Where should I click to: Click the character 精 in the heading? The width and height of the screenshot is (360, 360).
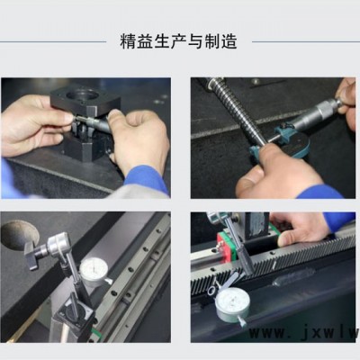click(129, 41)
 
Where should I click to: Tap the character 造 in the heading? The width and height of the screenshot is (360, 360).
click(229, 41)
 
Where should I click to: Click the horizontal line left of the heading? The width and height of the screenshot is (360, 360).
click(53, 41)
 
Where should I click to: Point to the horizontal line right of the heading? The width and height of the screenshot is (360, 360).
click(306, 41)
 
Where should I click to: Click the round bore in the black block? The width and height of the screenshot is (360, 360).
click(83, 95)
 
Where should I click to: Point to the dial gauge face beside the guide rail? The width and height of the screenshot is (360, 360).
click(94, 269)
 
